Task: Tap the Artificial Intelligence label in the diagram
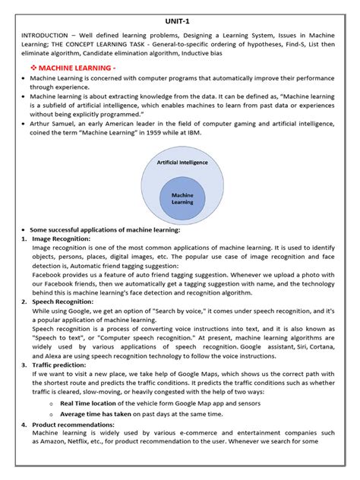tap(182, 163)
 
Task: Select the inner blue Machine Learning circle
tap(182, 199)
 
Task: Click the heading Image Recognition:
tap(62, 238)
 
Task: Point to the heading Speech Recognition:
tap(63, 302)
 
